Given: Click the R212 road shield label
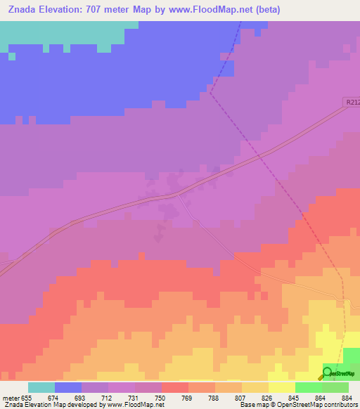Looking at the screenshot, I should pos(352,103).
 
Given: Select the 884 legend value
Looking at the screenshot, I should pos(346,397).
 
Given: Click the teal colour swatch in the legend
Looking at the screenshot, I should pos(41,387).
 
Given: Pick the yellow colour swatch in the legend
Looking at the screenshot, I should pos(281,387).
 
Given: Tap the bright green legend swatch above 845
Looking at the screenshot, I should pos(308,387).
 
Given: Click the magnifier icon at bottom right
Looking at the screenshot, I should pos(327,374).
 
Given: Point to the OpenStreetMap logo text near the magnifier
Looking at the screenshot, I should pos(345,374).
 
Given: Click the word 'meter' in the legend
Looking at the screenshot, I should pos(11,397).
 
